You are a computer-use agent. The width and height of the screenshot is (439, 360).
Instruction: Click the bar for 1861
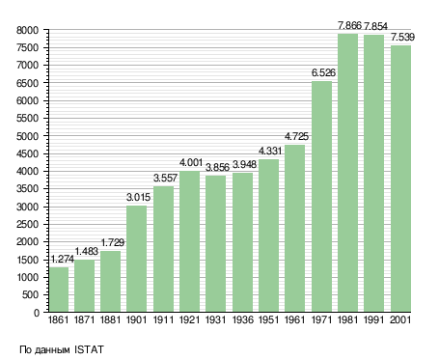[x=59, y=290]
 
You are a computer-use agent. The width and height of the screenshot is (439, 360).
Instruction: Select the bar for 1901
[x=137, y=259]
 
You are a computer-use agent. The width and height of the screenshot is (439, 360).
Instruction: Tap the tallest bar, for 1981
[x=348, y=173]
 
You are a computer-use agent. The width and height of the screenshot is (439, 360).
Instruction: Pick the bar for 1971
[x=321, y=196]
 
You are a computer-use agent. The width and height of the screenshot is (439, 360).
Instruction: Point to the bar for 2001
[x=400, y=179]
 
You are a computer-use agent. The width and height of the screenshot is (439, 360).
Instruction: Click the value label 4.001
[x=191, y=163]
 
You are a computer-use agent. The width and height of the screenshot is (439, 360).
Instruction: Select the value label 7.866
[x=349, y=25]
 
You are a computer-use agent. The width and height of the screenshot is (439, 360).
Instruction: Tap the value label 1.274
[x=63, y=259]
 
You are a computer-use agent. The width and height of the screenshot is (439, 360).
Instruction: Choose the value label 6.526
[x=323, y=73]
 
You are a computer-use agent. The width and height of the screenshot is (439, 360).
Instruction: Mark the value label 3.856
[x=217, y=168]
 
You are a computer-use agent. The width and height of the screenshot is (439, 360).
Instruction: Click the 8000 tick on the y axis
[x=27, y=30]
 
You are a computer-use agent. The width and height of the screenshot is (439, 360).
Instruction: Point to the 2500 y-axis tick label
[x=27, y=224]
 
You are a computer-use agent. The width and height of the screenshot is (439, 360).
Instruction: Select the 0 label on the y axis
[x=37, y=313]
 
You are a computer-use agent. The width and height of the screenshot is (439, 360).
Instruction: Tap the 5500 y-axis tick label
[x=27, y=119]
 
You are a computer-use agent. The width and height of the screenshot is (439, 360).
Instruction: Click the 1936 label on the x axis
[x=242, y=320]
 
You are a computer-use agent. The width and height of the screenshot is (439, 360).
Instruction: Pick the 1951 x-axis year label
[x=268, y=320]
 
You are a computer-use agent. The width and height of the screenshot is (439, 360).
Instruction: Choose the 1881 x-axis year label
[x=110, y=320]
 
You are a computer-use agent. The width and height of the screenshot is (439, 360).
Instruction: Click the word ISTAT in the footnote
[x=89, y=349]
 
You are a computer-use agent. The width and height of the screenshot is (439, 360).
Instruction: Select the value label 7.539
[x=402, y=38]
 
